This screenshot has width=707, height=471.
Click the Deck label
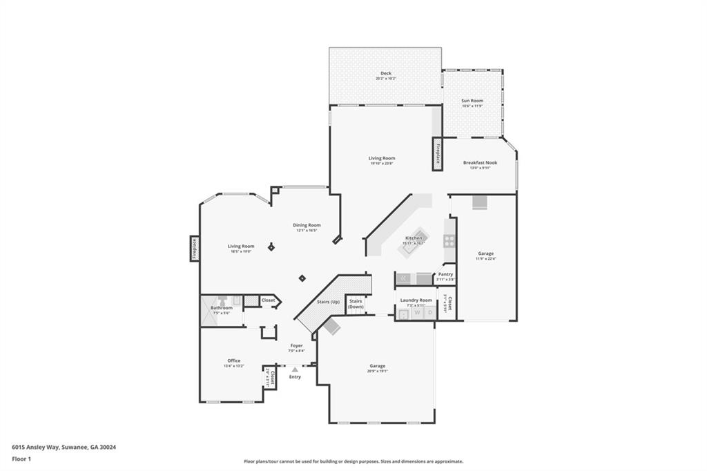click(x=385, y=73)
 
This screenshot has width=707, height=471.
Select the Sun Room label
click(x=472, y=101)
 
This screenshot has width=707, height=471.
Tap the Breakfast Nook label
click(x=480, y=163)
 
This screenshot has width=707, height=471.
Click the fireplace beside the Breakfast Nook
click(x=438, y=153)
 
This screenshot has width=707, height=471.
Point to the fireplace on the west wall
click(x=195, y=249)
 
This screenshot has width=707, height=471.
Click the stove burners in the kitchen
click(x=449, y=241)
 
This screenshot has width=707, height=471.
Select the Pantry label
click(x=446, y=273)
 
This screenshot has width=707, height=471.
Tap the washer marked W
click(x=418, y=313)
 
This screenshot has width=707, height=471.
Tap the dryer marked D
click(x=429, y=313)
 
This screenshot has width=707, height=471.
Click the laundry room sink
click(x=404, y=314)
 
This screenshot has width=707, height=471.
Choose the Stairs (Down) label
click(x=356, y=304)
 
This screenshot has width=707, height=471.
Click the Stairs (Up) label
click(x=328, y=302)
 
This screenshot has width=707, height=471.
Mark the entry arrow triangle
click(x=295, y=369)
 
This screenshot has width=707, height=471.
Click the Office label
click(x=234, y=361)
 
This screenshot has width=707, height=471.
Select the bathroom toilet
click(x=222, y=300)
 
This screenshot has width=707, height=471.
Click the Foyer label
click(x=296, y=345)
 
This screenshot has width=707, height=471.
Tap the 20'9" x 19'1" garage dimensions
click(x=377, y=371)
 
